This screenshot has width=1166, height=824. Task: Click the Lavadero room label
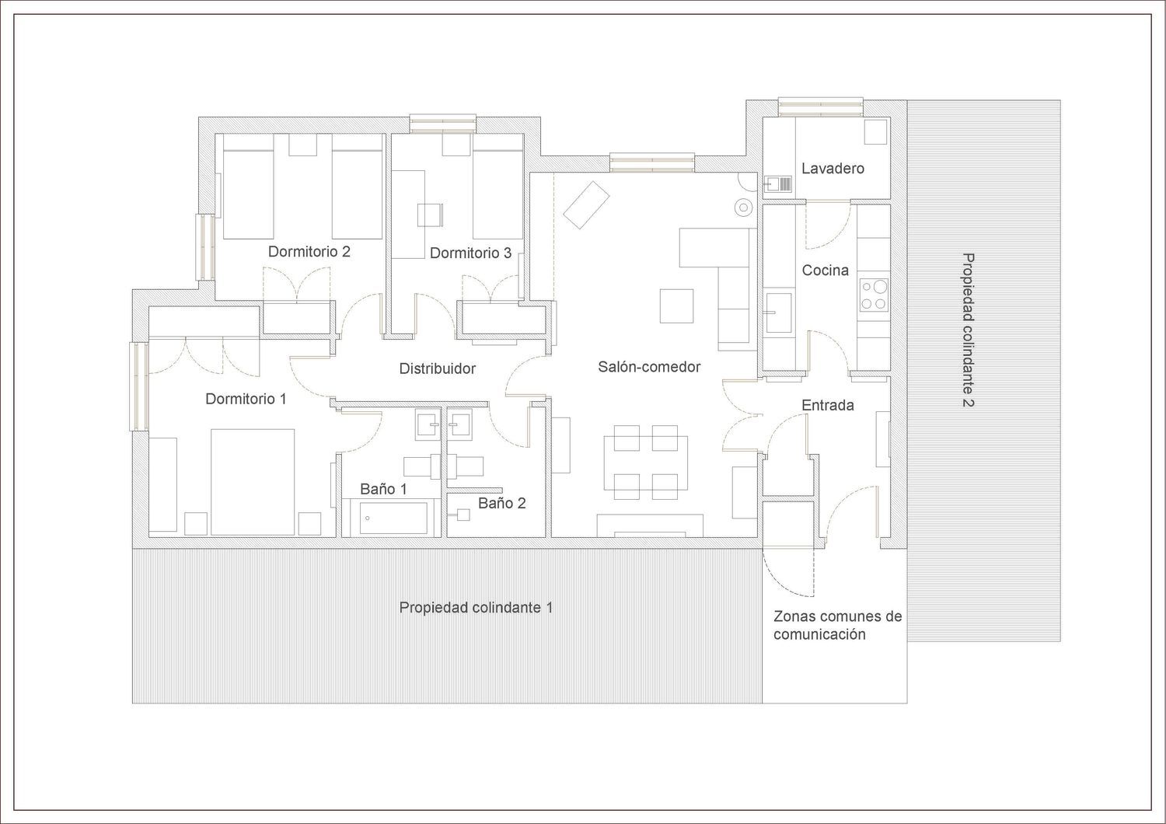tap(833, 168)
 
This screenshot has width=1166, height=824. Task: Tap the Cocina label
tap(825, 271)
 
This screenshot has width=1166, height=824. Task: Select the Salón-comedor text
tap(649, 366)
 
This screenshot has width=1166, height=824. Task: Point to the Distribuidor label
tap(437, 368)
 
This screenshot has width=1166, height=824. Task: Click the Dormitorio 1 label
tap(246, 399)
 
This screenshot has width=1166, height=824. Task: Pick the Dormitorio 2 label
tap(309, 251)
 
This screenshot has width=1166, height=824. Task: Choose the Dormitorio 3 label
tap(470, 253)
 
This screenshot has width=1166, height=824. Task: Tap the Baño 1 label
tap(383, 489)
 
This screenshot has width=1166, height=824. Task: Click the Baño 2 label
tap(502, 503)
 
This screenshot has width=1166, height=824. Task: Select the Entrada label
tap(828, 405)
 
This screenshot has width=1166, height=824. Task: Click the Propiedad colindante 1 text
tap(476, 607)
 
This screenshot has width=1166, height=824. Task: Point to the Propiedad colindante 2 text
tap(968, 330)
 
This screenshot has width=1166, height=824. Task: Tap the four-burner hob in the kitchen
tap(874, 295)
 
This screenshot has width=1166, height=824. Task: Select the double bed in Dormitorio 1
tap(253, 482)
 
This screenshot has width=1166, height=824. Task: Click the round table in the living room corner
tap(744, 208)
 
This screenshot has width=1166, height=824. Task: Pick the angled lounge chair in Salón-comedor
tap(586, 204)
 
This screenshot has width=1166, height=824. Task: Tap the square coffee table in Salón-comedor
tap(677, 306)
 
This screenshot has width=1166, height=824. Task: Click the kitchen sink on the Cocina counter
tap(779, 312)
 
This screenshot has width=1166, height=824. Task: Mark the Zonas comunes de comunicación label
tap(837, 625)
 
